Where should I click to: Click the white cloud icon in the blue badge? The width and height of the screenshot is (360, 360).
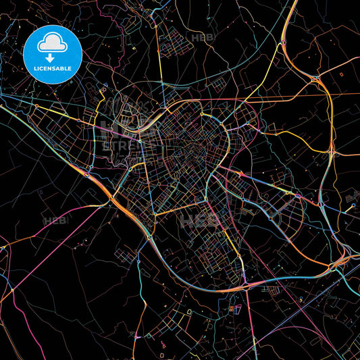[53, 42]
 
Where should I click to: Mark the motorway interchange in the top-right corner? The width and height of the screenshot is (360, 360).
[315, 78]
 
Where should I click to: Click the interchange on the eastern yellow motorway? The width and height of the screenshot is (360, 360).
[331, 154]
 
